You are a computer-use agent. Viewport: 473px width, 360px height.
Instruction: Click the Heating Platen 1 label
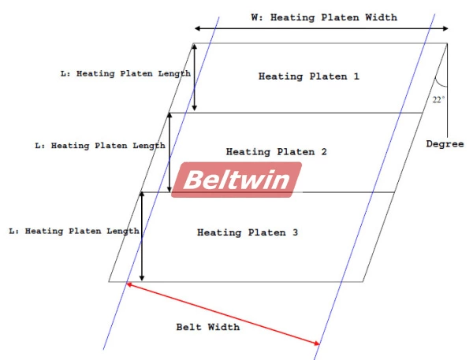pos(308,76)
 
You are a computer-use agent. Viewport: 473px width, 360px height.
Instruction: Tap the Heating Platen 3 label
pos(246,232)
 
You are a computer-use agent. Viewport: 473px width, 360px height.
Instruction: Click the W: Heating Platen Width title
pos(323,17)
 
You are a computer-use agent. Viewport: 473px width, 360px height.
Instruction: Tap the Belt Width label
pos(208,326)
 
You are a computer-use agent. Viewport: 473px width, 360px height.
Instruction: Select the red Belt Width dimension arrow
pos(223,314)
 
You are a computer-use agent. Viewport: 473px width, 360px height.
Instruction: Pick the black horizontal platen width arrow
pos(321,30)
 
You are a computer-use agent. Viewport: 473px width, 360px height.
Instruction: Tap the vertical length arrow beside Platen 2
pos(169,152)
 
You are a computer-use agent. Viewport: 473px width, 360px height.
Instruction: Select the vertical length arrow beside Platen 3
pos(141,235)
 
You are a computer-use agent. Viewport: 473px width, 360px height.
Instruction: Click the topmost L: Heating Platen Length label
pos(125,73)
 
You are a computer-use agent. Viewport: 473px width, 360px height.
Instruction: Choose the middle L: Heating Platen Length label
pos(100,146)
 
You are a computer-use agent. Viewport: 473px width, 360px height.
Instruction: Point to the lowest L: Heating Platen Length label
pos(73,232)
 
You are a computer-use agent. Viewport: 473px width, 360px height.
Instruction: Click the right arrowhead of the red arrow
pos(316,343)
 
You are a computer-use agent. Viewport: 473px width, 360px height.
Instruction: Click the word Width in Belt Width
pos(224,326)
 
